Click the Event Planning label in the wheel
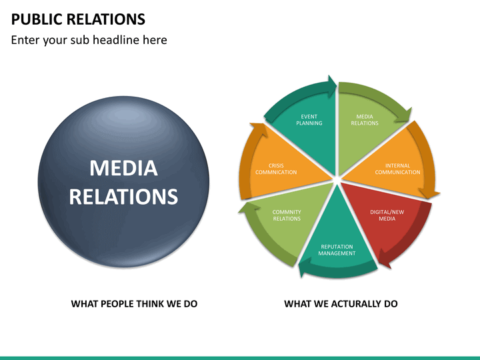pyautogui.click(x=309, y=120)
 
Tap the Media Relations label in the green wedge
pyautogui.click(x=365, y=120)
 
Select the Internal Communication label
pyautogui.click(x=397, y=169)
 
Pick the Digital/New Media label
pyautogui.click(x=387, y=215)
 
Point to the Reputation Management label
pyautogui.click(x=337, y=250)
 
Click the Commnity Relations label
pyautogui.click(x=287, y=215)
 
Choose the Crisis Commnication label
pyautogui.click(x=276, y=169)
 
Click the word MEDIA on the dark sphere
pyautogui.click(x=124, y=168)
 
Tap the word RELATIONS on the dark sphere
pyautogui.click(x=123, y=196)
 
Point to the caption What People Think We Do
pyautogui.click(x=134, y=304)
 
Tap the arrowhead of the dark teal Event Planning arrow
pyautogui.click(x=332, y=87)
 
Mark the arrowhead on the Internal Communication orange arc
pyautogui.click(x=429, y=193)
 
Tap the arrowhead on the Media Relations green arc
pyautogui.click(x=405, y=116)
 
